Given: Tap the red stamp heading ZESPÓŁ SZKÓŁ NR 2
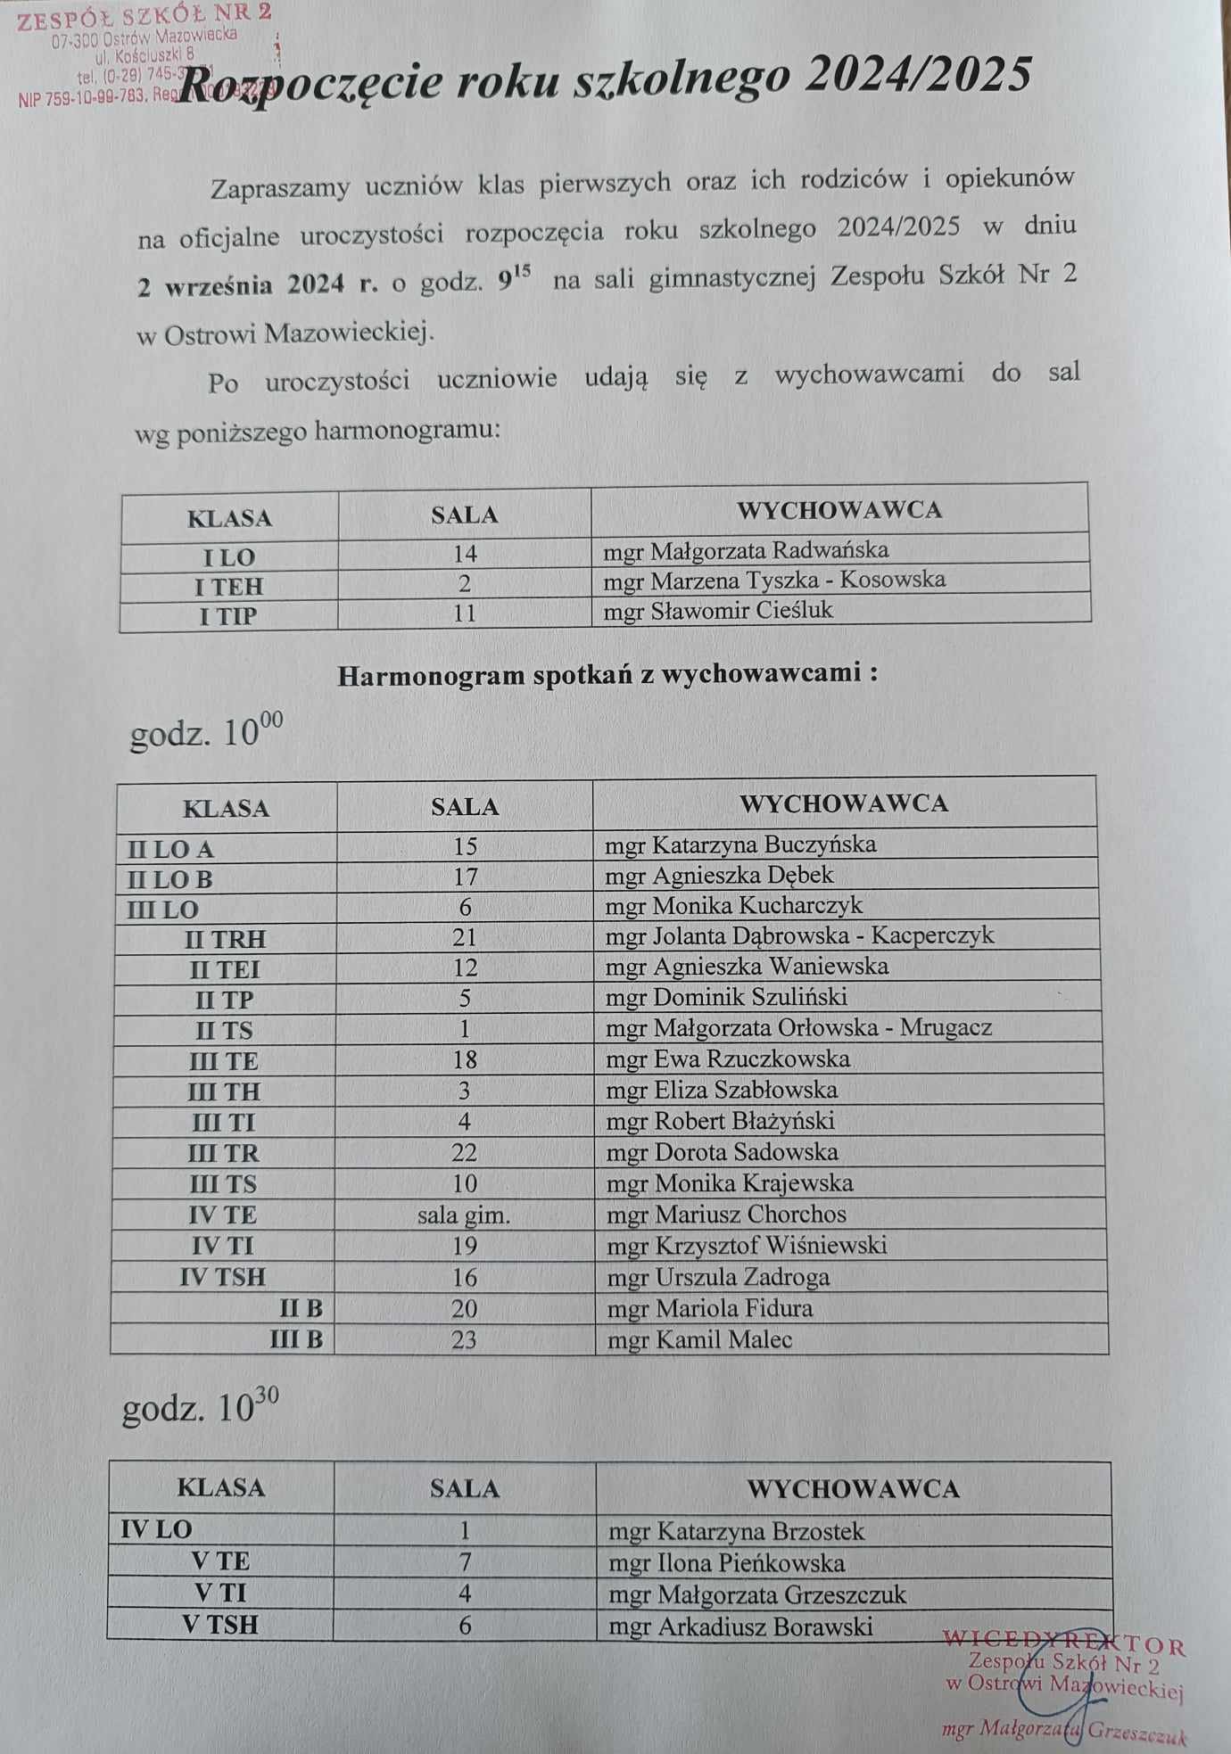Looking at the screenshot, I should tap(145, 16).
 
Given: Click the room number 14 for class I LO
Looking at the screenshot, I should tap(465, 554).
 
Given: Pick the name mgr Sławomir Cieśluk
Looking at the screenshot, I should tap(717, 611).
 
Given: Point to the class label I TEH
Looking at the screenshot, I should tap(229, 587).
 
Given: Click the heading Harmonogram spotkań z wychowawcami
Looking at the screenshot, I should tap(607, 673).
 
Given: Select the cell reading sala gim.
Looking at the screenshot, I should tap(464, 1215).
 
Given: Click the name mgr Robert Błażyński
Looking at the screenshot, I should tap(720, 1121).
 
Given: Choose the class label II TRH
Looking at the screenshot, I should tap(225, 939).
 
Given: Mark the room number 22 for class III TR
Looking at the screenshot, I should tap(464, 1152).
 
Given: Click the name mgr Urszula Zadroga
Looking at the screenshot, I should tap(718, 1277).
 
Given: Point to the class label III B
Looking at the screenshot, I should tap(296, 1339).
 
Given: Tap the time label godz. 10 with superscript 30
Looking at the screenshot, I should tap(200, 1407).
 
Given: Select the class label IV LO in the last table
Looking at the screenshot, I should tap(156, 1530).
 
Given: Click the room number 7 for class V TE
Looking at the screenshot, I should tap(464, 1562).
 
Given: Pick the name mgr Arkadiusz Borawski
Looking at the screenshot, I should tap(740, 1627).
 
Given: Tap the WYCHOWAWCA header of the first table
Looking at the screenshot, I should tap(839, 510).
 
